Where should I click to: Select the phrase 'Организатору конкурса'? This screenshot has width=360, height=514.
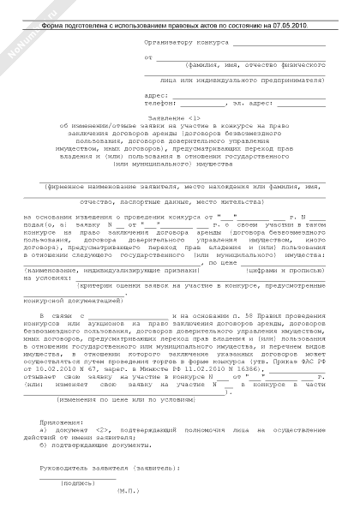[x=183, y=40]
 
